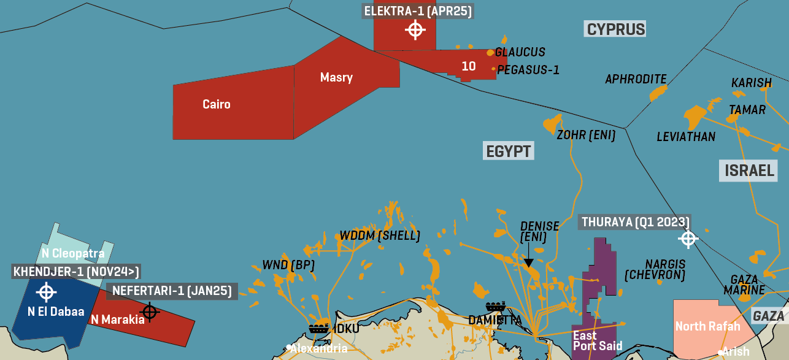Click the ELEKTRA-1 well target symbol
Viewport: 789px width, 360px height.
click(415, 29)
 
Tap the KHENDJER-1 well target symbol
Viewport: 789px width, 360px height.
click(46, 292)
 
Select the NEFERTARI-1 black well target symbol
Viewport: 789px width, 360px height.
click(149, 312)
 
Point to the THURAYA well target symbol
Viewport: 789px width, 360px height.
click(688, 238)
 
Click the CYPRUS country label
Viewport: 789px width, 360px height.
click(616, 29)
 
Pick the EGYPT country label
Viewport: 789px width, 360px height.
click(508, 151)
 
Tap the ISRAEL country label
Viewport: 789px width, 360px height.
click(749, 170)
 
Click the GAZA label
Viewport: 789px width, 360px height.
click(768, 316)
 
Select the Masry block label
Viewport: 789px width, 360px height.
click(336, 77)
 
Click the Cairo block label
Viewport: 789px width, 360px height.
click(217, 104)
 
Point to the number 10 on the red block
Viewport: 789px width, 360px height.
click(468, 66)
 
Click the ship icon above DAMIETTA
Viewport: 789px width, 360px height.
click(495, 307)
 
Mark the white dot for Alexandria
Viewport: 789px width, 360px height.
click(289, 348)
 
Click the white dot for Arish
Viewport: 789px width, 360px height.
click(721, 352)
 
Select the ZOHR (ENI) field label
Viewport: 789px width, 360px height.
click(585, 136)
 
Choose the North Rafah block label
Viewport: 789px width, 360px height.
click(707, 326)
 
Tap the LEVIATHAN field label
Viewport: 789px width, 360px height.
click(686, 137)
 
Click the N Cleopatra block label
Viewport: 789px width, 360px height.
click(73, 253)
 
